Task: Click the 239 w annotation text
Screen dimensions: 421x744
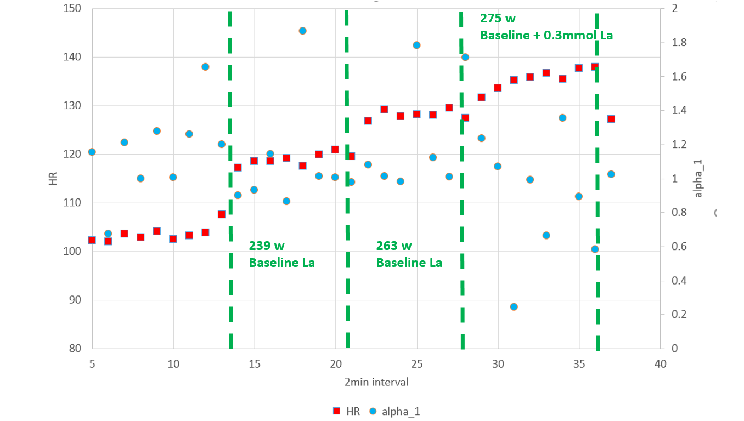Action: pyautogui.click(x=267, y=246)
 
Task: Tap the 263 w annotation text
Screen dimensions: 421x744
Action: pyautogui.click(x=394, y=246)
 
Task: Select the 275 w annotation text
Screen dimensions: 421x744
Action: pyautogui.click(x=498, y=18)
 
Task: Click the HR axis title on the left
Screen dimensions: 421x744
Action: pyautogui.click(x=53, y=178)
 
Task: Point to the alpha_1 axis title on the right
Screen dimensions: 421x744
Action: pyautogui.click(x=698, y=178)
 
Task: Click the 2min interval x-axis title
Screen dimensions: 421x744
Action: pyautogui.click(x=376, y=382)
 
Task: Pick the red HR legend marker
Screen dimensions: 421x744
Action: pyautogui.click(x=339, y=411)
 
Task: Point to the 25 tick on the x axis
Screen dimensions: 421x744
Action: pyautogui.click(x=417, y=364)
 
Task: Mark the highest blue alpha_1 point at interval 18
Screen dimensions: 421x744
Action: pyautogui.click(x=302, y=31)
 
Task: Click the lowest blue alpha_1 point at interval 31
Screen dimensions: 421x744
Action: pyautogui.click(x=514, y=307)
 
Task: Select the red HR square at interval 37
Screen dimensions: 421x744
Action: pyautogui.click(x=611, y=119)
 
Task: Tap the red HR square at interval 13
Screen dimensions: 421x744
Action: pyautogui.click(x=222, y=214)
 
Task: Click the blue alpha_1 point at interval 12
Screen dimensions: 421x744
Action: pyautogui.click(x=205, y=67)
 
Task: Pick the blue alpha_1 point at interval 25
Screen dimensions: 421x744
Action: pyautogui.click(x=416, y=45)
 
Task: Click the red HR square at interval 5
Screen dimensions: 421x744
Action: pyautogui.click(x=92, y=240)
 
